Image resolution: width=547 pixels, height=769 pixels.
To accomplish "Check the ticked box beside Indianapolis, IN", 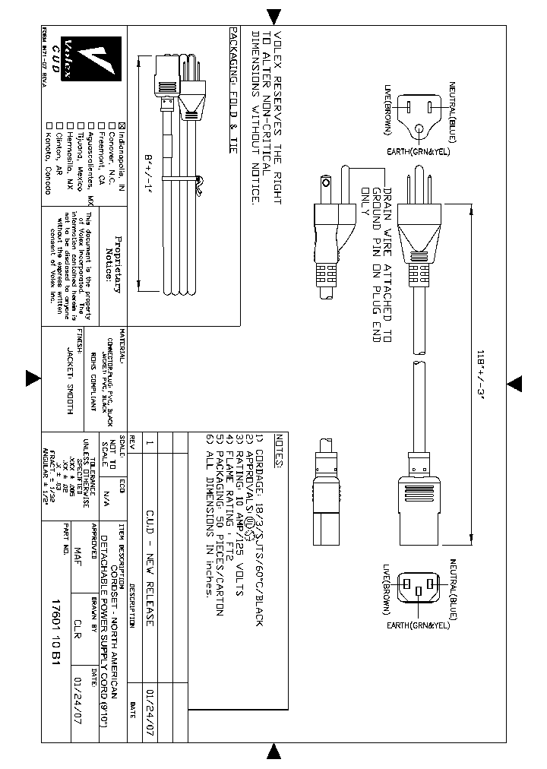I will point(109,126).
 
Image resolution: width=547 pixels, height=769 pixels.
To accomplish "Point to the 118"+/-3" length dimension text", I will point(479,378).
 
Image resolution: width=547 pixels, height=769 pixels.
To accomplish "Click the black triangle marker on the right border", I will point(514,381).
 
